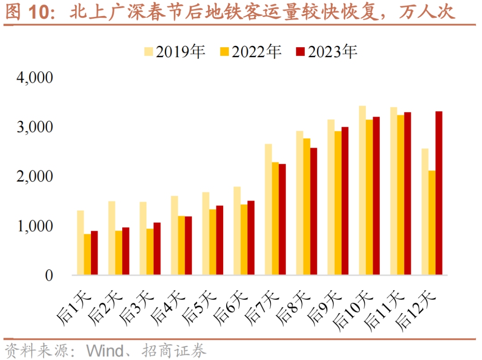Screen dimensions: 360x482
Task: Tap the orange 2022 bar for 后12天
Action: (x=432, y=223)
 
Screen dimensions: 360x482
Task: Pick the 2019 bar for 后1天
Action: (x=80, y=243)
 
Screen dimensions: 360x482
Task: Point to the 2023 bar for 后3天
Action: (x=157, y=248)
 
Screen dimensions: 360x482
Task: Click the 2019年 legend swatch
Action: (x=149, y=52)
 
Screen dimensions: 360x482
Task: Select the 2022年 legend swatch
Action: (x=225, y=52)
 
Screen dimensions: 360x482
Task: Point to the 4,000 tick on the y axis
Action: (x=34, y=78)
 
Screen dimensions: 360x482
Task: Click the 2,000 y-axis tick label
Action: (x=34, y=177)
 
